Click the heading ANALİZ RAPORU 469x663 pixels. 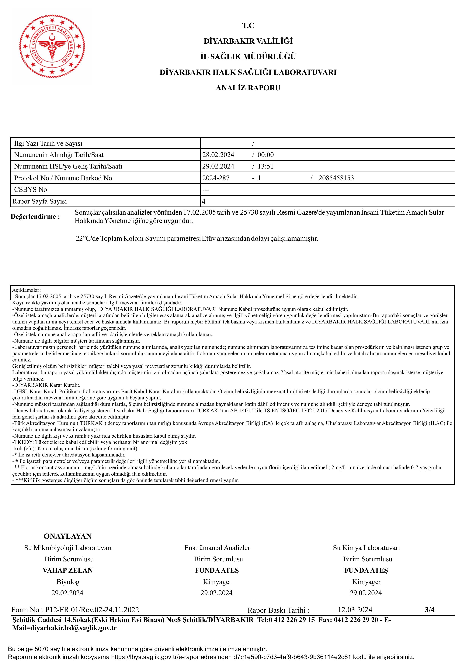tap(248, 88)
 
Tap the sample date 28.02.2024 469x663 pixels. tap(218, 155)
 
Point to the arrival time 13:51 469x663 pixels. tap(265, 166)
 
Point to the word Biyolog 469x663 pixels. tap(68, 582)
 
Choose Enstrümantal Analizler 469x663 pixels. tap(217, 548)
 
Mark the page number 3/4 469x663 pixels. tap(429, 610)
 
